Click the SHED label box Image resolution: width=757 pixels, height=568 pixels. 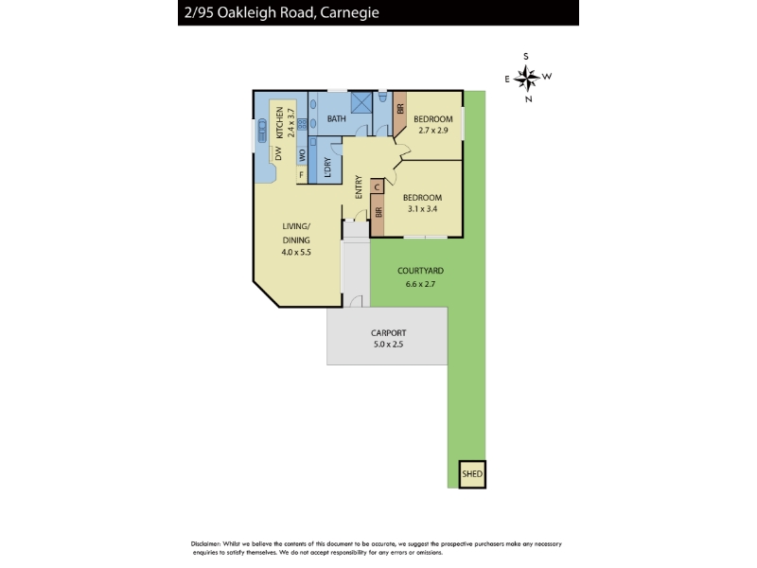click(x=471, y=474)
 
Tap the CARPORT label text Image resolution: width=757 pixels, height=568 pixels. click(x=388, y=333)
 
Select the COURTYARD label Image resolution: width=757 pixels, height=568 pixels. click(x=420, y=271)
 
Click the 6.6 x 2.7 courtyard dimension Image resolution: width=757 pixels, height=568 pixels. click(x=420, y=284)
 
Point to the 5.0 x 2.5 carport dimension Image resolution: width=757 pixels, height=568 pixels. click(x=388, y=345)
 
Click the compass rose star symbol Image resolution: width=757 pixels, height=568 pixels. click(x=526, y=78)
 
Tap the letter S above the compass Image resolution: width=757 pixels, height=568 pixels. click(x=526, y=56)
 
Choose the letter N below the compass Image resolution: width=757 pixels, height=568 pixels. click(x=529, y=99)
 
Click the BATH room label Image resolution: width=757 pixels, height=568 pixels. click(x=337, y=118)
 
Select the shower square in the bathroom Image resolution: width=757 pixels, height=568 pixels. click(x=361, y=102)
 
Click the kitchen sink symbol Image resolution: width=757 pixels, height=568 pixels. click(x=262, y=131)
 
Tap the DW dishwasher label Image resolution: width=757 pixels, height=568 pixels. click(x=278, y=153)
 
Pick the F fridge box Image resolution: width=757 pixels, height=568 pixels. click(x=302, y=175)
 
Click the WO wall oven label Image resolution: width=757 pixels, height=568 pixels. click(x=302, y=155)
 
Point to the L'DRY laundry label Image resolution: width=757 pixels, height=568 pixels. click(x=327, y=167)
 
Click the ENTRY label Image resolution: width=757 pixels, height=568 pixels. click(x=359, y=186)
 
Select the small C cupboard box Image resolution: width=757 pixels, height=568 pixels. click(x=377, y=186)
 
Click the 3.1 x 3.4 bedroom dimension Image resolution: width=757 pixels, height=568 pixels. click(x=422, y=209)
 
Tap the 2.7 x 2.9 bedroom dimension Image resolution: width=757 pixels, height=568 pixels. click(x=433, y=131)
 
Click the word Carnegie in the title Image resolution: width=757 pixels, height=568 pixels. click(x=349, y=12)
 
